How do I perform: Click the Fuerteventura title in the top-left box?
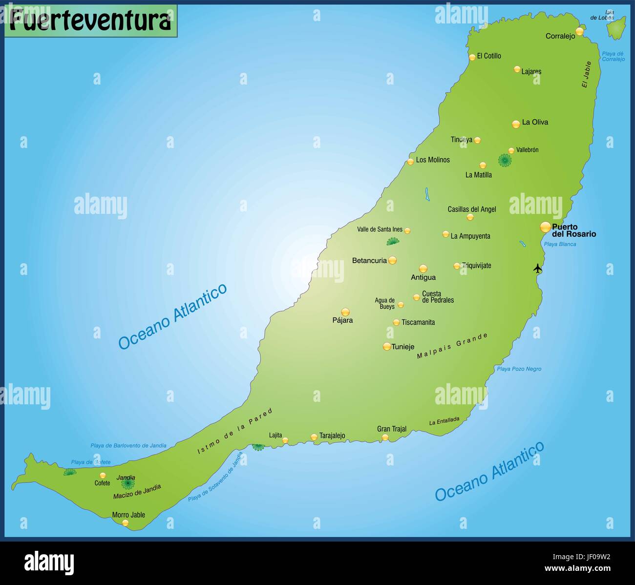pyautogui.click(x=90, y=21)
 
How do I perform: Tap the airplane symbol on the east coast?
pyautogui.click(x=538, y=268)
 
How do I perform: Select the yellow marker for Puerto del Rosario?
pyautogui.click(x=545, y=227)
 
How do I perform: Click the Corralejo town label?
pyautogui.click(x=560, y=36)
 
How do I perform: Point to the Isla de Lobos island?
pyautogui.click(x=616, y=28)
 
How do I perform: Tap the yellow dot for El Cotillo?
pyautogui.click(x=472, y=57)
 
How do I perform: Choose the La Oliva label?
pyautogui.click(x=535, y=122)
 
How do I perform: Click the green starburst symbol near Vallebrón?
pyautogui.click(x=505, y=160)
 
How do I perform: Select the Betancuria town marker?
pyautogui.click(x=392, y=260)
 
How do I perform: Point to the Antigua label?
pyautogui.click(x=423, y=277)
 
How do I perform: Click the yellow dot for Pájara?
pyautogui.click(x=345, y=312)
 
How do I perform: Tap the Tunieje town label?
pyautogui.click(x=403, y=347)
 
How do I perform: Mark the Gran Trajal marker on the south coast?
pyautogui.click(x=385, y=437)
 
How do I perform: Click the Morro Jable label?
pyautogui.click(x=128, y=515)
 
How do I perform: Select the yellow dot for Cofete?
pyautogui.click(x=103, y=475)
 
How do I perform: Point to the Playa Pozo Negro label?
pyautogui.click(x=519, y=369)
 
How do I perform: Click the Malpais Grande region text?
pyautogui.click(x=452, y=346)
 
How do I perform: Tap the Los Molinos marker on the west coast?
pyautogui.click(x=410, y=162)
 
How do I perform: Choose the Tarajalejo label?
pyautogui.click(x=332, y=436)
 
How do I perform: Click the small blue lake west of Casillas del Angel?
pyautogui.click(x=427, y=194)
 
